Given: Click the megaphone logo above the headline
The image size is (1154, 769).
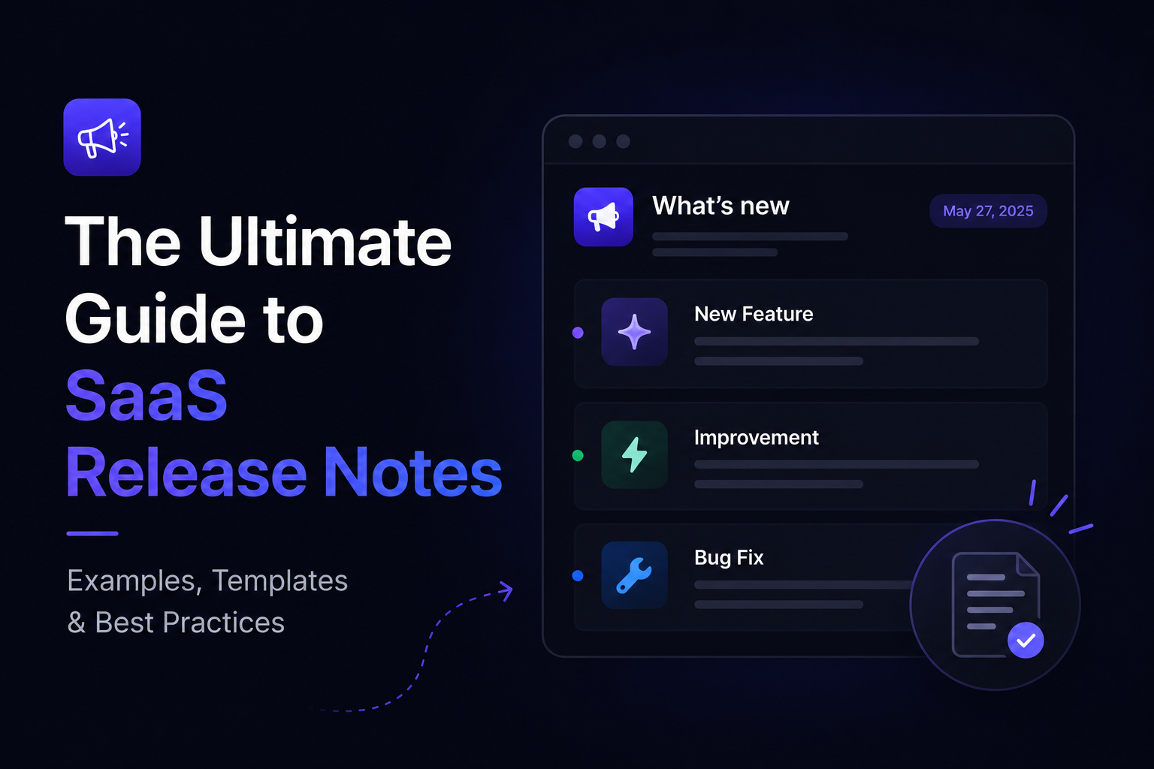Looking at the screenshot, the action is [102, 137].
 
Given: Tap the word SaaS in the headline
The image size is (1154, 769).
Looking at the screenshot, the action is [147, 396].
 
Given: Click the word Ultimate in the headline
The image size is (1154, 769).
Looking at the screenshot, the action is [325, 241].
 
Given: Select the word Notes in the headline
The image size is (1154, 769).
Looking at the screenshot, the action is [413, 472].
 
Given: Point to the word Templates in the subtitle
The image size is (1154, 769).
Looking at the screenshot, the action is [279, 581].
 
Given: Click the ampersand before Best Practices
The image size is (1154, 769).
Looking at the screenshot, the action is [76, 623].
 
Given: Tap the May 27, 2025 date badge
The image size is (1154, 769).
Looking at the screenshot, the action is [988, 211].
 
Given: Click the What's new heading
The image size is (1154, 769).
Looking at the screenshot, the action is [720, 206].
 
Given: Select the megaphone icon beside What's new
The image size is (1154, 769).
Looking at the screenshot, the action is [603, 217].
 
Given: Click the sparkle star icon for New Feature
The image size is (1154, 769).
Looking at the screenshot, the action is [634, 332].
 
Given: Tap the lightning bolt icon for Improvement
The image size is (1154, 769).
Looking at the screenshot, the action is [634, 454].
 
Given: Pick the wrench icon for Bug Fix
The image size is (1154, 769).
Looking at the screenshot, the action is [634, 574].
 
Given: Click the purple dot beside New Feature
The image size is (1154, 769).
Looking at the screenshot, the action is [578, 333].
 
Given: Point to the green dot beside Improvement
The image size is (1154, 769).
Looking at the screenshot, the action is [578, 455].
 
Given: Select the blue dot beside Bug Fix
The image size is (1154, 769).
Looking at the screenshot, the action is [578, 576].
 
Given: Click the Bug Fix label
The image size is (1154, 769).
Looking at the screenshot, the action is [729, 557].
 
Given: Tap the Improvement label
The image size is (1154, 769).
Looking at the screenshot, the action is [757, 438].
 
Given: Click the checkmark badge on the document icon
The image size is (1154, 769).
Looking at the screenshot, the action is [1026, 641].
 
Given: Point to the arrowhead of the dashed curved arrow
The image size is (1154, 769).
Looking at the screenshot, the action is [506, 591].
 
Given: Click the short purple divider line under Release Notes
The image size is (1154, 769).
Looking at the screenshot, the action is [92, 534].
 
